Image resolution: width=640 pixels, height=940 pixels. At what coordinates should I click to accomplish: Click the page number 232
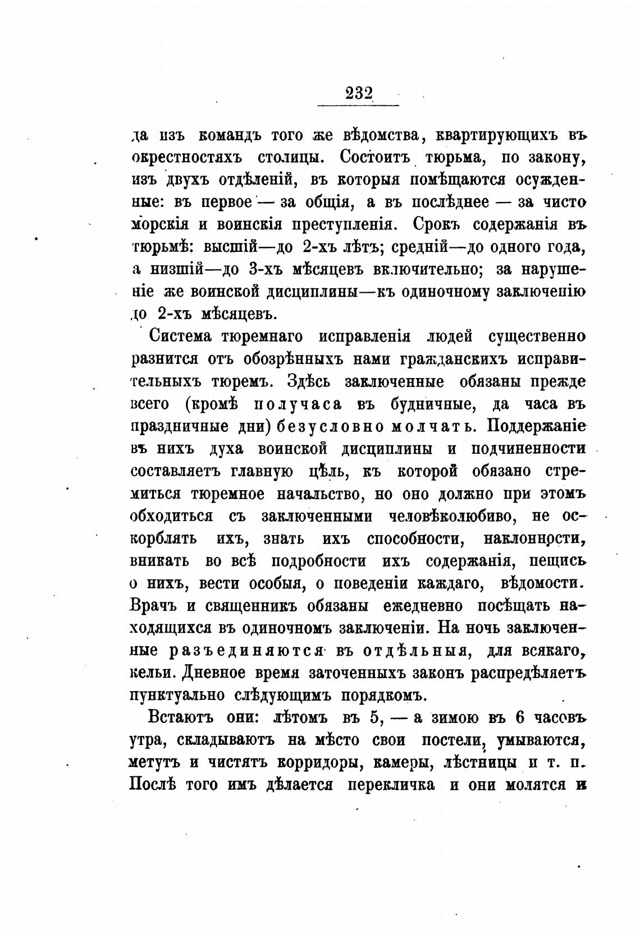(359, 93)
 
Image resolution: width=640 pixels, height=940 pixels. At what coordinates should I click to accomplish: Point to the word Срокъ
(437, 224)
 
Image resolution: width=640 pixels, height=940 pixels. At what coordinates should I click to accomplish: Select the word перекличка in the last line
(391, 785)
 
